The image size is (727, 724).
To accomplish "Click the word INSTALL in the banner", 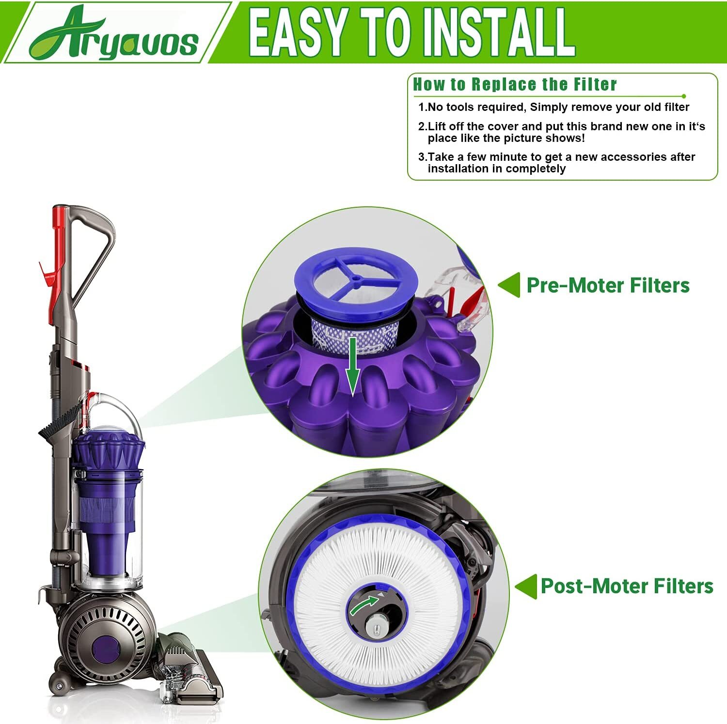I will (499, 33).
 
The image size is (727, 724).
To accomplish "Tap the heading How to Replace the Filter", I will (514, 85).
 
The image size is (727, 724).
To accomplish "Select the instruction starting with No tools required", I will (553, 107).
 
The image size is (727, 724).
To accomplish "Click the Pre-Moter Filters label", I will (608, 285).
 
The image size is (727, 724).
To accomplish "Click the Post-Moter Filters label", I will (626, 586).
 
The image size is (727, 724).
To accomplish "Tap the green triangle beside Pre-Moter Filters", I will (510, 285).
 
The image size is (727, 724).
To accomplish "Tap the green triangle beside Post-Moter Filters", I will (527, 586).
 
